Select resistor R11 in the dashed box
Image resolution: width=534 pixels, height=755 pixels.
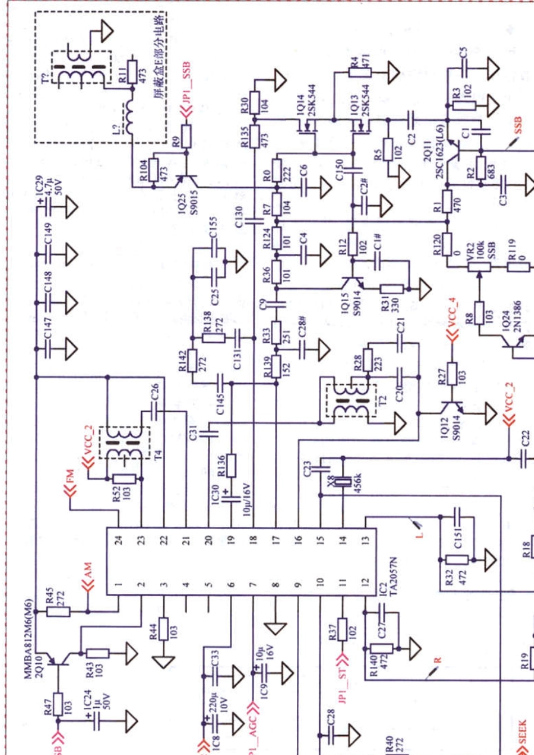tap(131, 72)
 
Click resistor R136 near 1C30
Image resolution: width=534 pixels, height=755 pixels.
tap(231, 465)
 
